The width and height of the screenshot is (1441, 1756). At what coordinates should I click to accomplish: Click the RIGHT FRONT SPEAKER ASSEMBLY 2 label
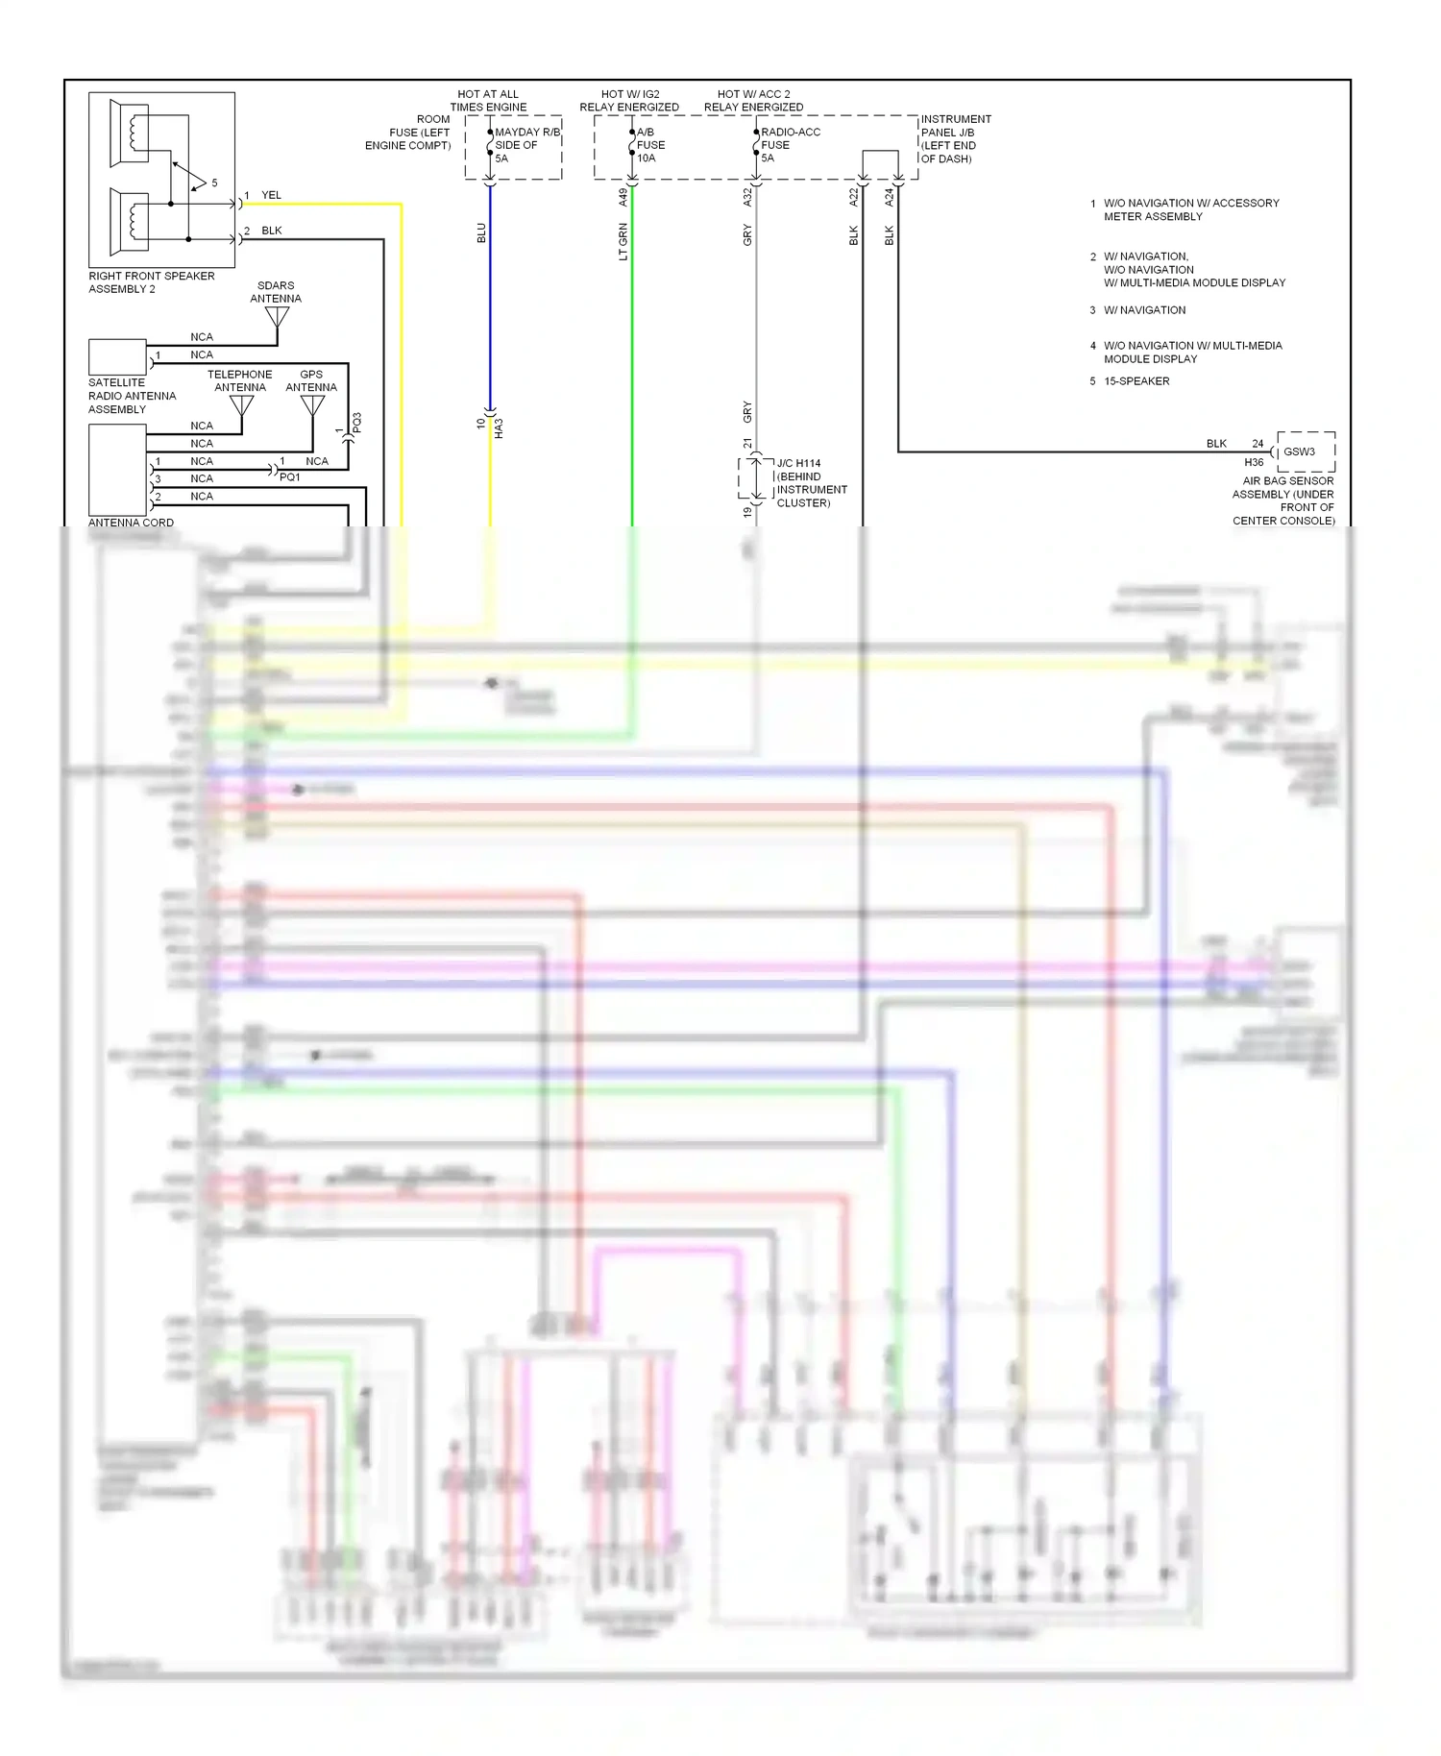coord(151,282)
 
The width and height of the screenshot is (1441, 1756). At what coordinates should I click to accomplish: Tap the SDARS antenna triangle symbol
coord(277,315)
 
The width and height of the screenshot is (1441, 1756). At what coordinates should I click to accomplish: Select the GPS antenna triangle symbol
coord(312,405)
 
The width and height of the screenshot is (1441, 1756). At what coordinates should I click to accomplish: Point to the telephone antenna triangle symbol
coord(242,405)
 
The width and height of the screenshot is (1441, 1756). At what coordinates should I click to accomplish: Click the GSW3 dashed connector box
coord(1305,451)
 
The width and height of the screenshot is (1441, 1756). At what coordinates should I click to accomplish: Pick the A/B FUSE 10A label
coord(650,145)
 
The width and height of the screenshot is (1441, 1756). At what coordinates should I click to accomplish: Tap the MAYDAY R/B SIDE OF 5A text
coord(525,145)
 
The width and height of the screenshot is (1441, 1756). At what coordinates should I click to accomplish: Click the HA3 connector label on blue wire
coord(499,428)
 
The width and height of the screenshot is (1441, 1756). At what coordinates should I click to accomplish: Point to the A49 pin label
coord(623,197)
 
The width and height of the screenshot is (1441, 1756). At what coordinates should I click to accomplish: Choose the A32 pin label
coord(747,197)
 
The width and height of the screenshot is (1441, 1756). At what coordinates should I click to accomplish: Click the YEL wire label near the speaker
coord(271,195)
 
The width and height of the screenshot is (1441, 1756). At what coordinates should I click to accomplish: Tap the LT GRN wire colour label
coord(623,241)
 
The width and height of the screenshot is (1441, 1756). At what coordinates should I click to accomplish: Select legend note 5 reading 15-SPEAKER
coord(1136,381)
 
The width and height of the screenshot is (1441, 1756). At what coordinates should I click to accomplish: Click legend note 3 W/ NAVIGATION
coord(1143,310)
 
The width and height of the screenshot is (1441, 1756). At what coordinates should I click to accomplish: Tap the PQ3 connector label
coord(356,423)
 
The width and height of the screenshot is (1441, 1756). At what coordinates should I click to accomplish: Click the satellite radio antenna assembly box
coord(117,357)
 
